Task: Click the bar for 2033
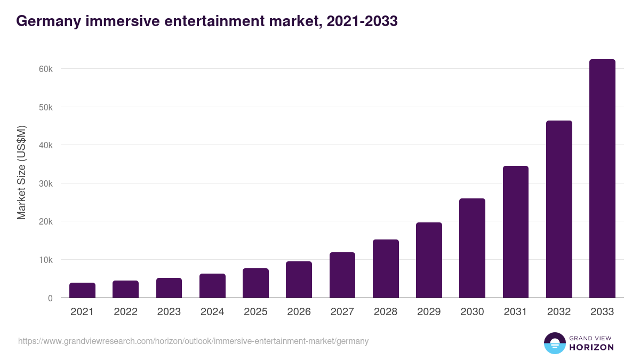point(602,179)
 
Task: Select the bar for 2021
point(82,290)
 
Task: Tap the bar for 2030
point(472,248)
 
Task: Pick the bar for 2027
point(342,275)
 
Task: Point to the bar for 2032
point(559,209)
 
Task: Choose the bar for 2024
point(212,286)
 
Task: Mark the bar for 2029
point(429,260)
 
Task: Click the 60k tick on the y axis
point(45,69)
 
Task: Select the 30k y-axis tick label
point(45,183)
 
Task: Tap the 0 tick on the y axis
point(50,298)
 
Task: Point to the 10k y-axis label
point(45,260)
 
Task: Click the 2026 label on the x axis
point(299,312)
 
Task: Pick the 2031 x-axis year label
point(516,312)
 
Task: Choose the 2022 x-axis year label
point(125,312)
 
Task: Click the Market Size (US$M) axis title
point(21,172)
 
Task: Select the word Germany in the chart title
point(45,21)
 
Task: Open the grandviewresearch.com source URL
point(193,341)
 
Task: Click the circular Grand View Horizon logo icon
point(554,343)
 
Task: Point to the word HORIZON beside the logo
point(591,347)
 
